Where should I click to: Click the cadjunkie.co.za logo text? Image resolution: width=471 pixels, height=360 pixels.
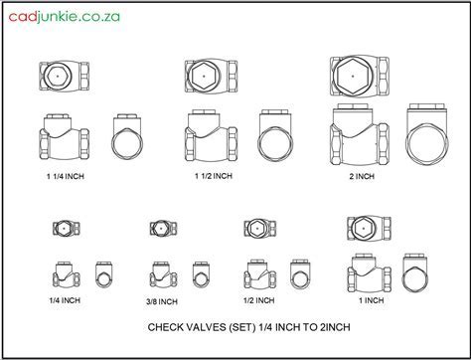point(64,17)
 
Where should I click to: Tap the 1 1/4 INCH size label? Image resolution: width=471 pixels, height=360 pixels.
point(66,176)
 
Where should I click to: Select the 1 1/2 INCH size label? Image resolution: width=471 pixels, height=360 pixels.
point(214,176)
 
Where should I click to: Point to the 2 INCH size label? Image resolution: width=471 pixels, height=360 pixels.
point(362,176)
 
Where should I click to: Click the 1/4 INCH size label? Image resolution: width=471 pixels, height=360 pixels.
point(65,300)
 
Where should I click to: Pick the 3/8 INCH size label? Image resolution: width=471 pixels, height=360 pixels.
point(162,301)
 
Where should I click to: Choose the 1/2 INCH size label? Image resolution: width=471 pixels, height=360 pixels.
point(258,300)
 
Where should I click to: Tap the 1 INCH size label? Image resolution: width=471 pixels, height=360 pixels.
point(372,300)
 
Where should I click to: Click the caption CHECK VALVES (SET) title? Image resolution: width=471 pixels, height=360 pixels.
point(248,327)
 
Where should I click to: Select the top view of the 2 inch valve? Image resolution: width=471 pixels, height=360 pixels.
point(360,76)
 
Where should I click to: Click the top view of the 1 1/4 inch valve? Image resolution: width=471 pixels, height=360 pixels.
point(64,77)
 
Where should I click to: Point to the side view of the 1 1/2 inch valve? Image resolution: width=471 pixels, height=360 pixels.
point(211,135)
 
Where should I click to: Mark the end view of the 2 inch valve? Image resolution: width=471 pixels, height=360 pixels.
point(427,134)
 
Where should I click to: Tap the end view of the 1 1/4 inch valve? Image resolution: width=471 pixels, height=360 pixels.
point(127,137)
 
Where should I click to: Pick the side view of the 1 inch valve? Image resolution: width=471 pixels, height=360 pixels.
point(369,272)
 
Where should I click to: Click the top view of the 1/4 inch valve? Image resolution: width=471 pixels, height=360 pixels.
point(67,228)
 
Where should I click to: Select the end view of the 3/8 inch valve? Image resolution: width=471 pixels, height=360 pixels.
point(201,274)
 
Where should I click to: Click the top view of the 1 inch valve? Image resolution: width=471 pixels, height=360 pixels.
point(369,229)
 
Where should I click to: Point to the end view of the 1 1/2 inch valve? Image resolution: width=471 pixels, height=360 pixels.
point(275,135)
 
